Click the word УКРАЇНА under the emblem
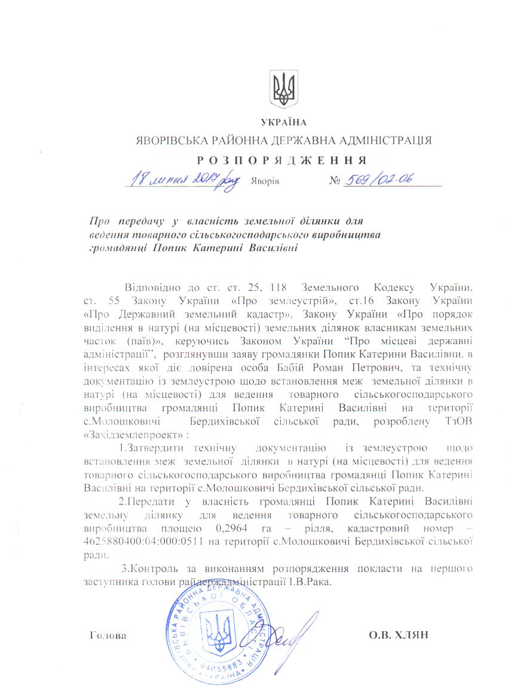coord(284,123)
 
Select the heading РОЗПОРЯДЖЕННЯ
coord(281,160)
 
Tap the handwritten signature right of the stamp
coord(290,633)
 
